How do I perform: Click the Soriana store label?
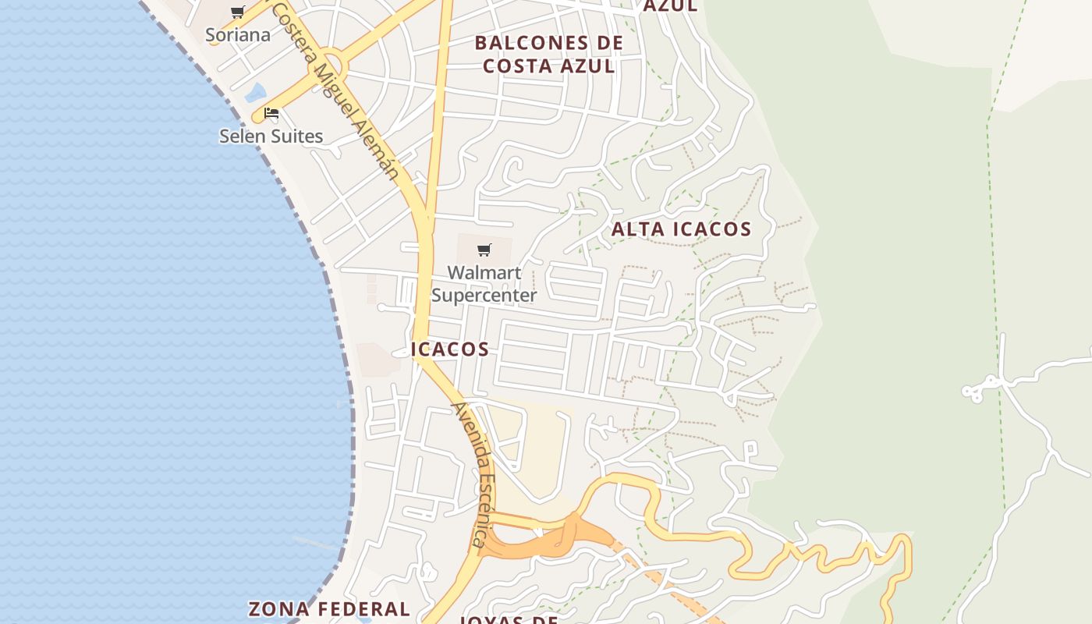pos(238,35)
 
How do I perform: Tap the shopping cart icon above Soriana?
pos(238,12)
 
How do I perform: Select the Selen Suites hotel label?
pos(271,136)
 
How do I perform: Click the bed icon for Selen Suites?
pos(271,113)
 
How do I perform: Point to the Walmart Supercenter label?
pos(484,284)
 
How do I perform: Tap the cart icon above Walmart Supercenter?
pos(484,250)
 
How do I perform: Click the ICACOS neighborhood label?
pos(450,349)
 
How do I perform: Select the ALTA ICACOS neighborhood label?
pos(681,229)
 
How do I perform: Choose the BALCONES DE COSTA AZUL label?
pos(549,55)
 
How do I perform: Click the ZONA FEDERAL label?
pos(329,608)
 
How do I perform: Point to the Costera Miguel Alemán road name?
pos(335,90)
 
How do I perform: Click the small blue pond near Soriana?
pos(255,93)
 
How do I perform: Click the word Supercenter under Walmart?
pos(484,296)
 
